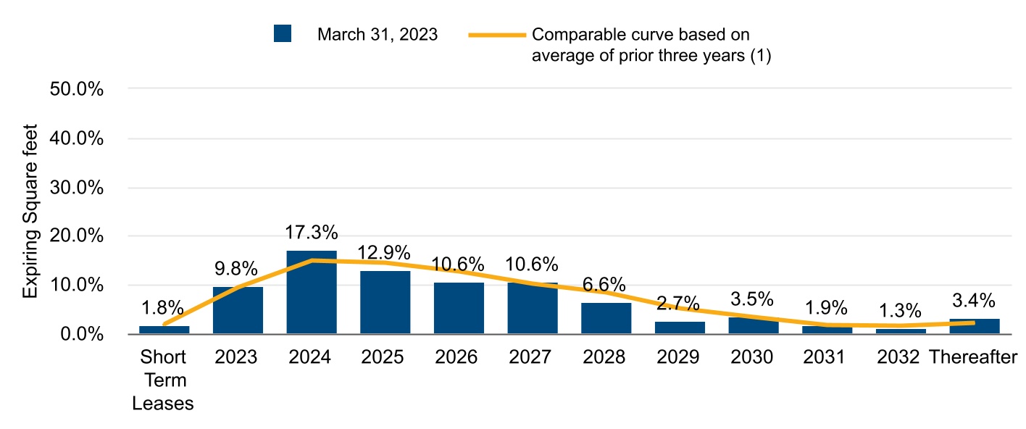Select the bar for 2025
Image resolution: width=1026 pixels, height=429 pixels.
click(x=385, y=302)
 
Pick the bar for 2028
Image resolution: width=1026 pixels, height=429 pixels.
click(x=606, y=318)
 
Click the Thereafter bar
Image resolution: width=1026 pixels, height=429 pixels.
click(x=974, y=326)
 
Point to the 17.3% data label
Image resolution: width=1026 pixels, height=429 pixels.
click(x=312, y=233)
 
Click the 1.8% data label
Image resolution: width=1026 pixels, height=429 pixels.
click(x=163, y=308)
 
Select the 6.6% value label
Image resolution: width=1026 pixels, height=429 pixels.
click(x=606, y=285)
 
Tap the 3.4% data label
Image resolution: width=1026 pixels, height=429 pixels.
click(x=974, y=300)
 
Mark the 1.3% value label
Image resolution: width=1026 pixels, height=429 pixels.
click(x=901, y=311)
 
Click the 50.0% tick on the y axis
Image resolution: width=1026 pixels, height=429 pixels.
click(x=76, y=89)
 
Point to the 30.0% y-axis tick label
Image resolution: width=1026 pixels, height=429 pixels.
click(x=76, y=188)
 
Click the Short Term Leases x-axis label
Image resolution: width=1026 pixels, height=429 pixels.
click(x=163, y=380)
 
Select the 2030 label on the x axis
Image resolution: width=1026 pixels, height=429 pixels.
click(x=753, y=357)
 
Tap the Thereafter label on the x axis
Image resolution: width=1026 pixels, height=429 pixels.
click(x=974, y=357)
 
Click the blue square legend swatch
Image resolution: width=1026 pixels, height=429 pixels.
click(x=283, y=34)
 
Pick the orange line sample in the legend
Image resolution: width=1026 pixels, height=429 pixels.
click(x=496, y=35)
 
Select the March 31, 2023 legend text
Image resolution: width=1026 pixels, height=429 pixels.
click(x=378, y=35)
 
